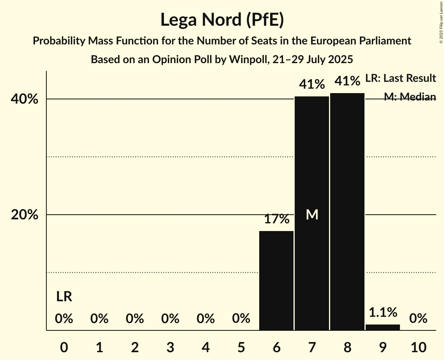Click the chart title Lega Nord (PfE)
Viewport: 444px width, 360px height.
pyautogui.click(x=222, y=19)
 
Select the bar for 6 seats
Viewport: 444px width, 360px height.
pyautogui.click(x=276, y=281)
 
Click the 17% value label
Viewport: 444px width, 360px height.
pyautogui.click(x=276, y=219)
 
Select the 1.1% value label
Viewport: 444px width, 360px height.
pyautogui.click(x=383, y=312)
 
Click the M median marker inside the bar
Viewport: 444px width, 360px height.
pyautogui.click(x=312, y=214)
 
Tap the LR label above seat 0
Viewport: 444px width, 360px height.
pyautogui.click(x=64, y=297)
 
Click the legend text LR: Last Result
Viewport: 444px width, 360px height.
pyautogui.click(x=401, y=78)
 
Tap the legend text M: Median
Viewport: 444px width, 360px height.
pyautogui.click(x=410, y=97)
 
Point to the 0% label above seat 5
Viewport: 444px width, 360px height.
pyautogui.click(x=241, y=319)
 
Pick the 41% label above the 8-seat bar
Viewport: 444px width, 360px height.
pyautogui.click(x=347, y=81)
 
